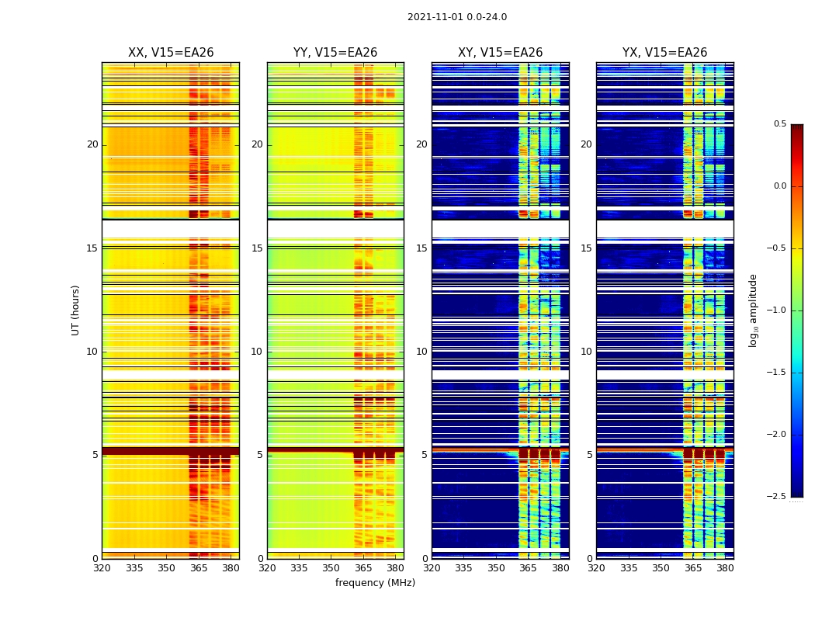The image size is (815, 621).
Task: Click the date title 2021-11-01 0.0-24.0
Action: [457, 17]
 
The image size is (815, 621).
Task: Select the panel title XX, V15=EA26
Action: [171, 53]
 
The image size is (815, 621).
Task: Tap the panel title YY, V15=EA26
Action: [335, 53]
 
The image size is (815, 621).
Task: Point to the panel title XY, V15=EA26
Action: [501, 53]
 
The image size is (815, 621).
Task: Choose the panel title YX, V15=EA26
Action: [665, 53]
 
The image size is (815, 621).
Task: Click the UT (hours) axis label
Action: [75, 310]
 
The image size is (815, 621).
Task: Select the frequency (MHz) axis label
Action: [375, 583]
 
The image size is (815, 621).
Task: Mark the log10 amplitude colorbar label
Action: [753, 310]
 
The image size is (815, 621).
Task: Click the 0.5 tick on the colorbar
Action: [779, 124]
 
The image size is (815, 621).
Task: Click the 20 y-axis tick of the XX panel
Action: [92, 144]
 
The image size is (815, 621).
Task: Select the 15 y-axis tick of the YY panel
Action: [257, 248]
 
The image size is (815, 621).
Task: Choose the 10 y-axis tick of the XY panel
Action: [421, 352]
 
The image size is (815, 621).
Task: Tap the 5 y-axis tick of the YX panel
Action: [590, 455]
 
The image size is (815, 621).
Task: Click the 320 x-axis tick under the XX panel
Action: [102, 568]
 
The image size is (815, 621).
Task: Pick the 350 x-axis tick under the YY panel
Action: [331, 568]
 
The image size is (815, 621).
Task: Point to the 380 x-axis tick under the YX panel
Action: [725, 568]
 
